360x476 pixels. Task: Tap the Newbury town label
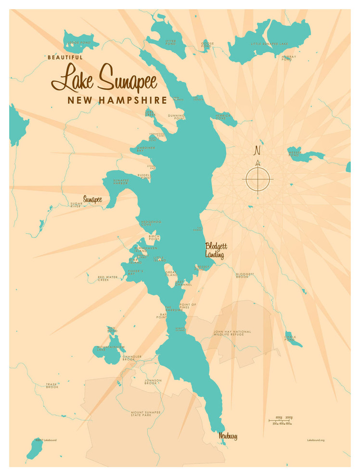click(x=228, y=436)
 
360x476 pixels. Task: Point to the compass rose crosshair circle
click(x=258, y=179)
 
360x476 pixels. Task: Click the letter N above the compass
click(x=257, y=150)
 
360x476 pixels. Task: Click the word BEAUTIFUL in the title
click(x=65, y=57)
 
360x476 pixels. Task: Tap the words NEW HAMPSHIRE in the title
click(x=117, y=100)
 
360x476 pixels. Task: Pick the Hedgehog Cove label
click(x=150, y=224)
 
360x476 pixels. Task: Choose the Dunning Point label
click(x=177, y=117)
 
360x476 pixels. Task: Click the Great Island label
click(x=171, y=274)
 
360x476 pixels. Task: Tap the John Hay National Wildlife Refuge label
click(x=232, y=333)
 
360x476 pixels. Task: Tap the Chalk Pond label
click(x=290, y=338)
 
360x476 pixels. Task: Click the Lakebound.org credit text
click(x=315, y=440)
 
